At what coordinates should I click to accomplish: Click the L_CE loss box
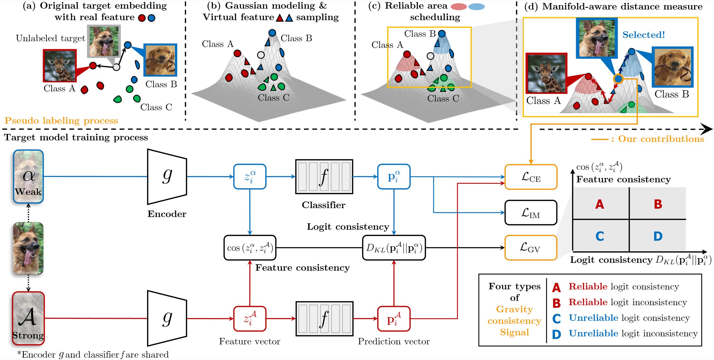(531, 177)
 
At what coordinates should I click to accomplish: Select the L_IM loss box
(531, 213)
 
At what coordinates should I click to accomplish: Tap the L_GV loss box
(531, 248)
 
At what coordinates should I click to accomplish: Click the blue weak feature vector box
(250, 177)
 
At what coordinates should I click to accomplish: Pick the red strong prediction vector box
(394, 319)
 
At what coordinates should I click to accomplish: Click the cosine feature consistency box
(250, 248)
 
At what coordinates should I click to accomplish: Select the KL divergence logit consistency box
(394, 248)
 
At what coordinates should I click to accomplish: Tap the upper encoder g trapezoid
(167, 177)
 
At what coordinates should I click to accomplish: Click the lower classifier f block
(324, 319)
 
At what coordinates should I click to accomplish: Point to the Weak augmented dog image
(28, 177)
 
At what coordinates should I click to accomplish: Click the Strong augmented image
(28, 318)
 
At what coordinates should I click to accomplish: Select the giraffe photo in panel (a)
(60, 65)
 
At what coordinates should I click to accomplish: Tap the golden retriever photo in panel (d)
(672, 67)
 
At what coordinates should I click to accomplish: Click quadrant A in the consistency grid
(600, 204)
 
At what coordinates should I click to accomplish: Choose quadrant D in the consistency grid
(658, 236)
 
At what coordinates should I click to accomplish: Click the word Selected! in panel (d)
(643, 35)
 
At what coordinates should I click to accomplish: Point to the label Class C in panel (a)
(156, 107)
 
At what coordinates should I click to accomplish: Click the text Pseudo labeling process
(61, 121)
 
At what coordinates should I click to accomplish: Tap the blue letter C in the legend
(556, 318)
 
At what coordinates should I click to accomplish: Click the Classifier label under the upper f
(324, 205)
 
